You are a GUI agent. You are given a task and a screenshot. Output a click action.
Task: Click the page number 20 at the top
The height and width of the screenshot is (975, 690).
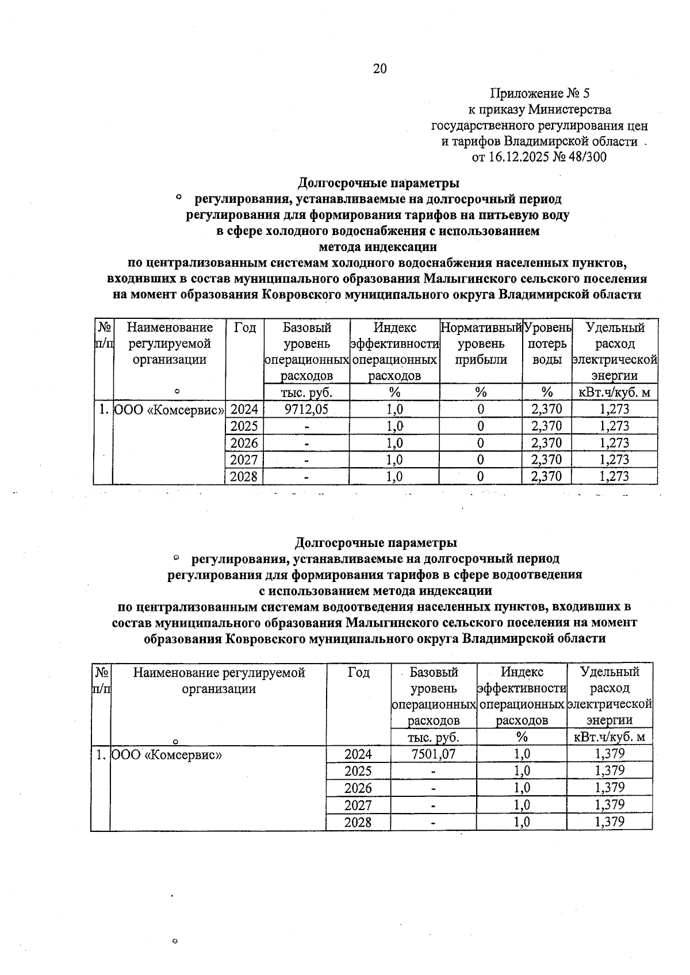(380, 69)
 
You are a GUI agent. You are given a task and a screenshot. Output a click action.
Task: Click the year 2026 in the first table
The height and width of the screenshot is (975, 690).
(244, 443)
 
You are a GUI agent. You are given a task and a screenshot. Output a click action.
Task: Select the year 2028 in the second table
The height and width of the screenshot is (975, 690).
(358, 822)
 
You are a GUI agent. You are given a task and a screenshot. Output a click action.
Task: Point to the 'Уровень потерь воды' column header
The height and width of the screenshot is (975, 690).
(547, 344)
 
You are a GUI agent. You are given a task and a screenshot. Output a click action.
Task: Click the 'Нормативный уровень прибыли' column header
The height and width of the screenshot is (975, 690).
(481, 344)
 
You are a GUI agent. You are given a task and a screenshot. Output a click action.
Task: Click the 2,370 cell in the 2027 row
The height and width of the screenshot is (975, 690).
(547, 460)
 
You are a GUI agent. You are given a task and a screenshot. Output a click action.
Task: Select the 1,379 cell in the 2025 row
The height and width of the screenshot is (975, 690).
(609, 770)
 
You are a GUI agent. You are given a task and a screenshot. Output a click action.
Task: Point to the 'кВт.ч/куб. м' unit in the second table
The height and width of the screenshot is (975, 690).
(609, 737)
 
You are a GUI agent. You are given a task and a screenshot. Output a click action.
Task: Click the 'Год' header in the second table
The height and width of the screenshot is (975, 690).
(358, 672)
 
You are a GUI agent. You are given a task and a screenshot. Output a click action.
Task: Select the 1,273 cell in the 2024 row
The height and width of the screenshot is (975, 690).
(614, 409)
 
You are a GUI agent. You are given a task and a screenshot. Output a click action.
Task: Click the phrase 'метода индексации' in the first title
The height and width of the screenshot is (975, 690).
(378, 247)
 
